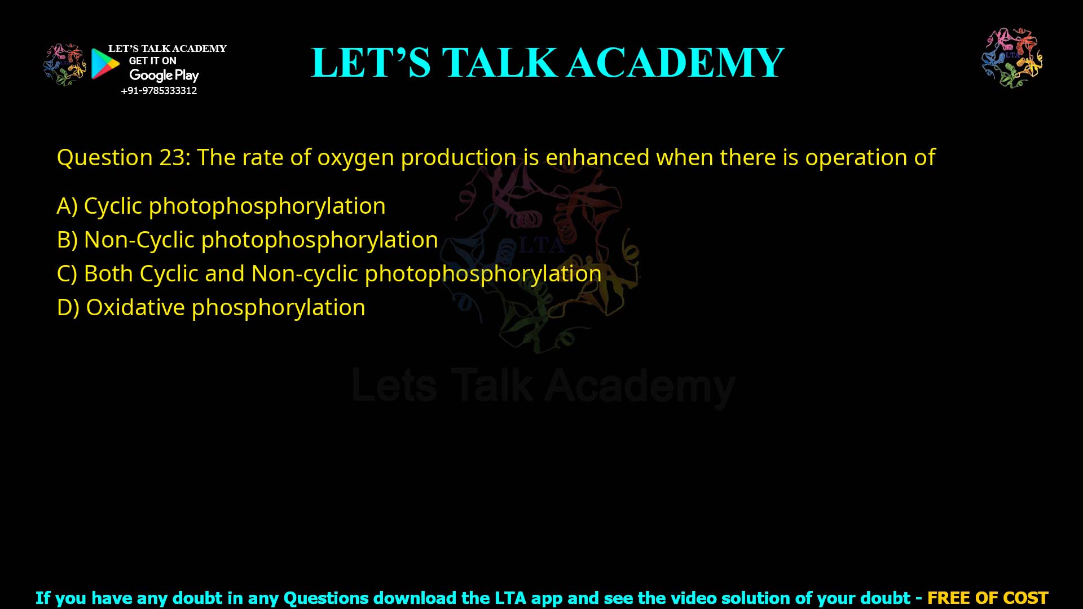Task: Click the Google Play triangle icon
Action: [x=105, y=64]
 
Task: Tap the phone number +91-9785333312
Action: [x=159, y=91]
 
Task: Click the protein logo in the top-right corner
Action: [x=1012, y=58]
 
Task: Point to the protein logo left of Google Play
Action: [x=65, y=64]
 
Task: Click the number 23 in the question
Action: [x=171, y=157]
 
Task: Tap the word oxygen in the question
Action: [x=355, y=158]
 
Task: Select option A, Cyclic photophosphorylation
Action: [x=221, y=206]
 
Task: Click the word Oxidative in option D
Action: [x=135, y=307]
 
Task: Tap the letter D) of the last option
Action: [x=68, y=307]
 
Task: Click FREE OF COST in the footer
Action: [x=987, y=598]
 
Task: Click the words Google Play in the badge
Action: [x=164, y=76]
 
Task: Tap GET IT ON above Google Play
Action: [x=152, y=61]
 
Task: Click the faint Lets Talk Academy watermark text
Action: [x=543, y=386]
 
